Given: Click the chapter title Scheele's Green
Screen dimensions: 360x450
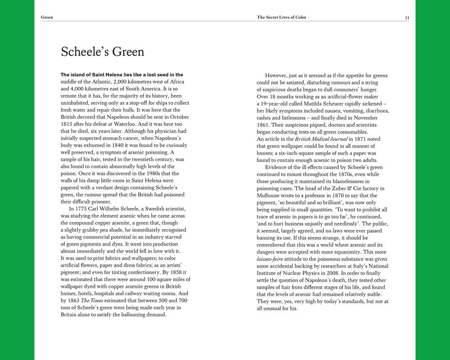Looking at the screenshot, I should (x=103, y=52).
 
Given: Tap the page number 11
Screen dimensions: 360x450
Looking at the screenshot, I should (x=407, y=18).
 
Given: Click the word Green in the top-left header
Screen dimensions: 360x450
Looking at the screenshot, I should (x=47, y=17).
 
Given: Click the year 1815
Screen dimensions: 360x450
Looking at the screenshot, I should (x=66, y=124).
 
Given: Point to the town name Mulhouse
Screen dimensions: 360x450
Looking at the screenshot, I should (x=269, y=195).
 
